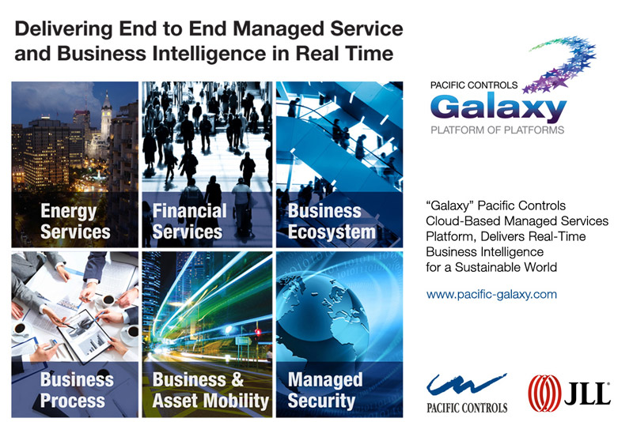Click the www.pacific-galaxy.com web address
tap(491, 295)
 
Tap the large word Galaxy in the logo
tap(498, 107)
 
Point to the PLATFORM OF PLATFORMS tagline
tap(498, 130)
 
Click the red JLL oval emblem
tap(544, 394)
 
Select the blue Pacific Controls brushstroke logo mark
tap(466, 385)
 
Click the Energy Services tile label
tap(75, 221)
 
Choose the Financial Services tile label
tap(189, 221)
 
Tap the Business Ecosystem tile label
tap(332, 221)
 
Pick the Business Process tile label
tap(77, 390)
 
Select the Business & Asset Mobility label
tap(210, 390)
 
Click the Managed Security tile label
tap(325, 390)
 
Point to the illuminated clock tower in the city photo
tap(106, 115)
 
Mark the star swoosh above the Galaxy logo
tap(561, 64)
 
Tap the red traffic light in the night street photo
tap(258, 333)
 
